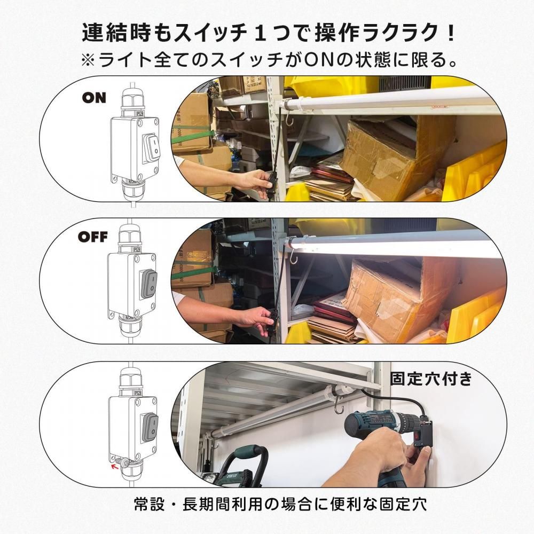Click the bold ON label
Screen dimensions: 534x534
pyautogui.click(x=94, y=98)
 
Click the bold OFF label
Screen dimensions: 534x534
pyautogui.click(x=92, y=237)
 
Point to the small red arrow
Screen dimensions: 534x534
pyautogui.click(x=115, y=466)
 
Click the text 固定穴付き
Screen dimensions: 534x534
pyautogui.click(x=431, y=379)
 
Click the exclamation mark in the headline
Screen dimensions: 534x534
pyautogui.click(x=451, y=33)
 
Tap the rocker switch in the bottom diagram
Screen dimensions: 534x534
pyautogui.click(x=150, y=426)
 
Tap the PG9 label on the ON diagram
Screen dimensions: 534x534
pyautogui.click(x=139, y=113)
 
